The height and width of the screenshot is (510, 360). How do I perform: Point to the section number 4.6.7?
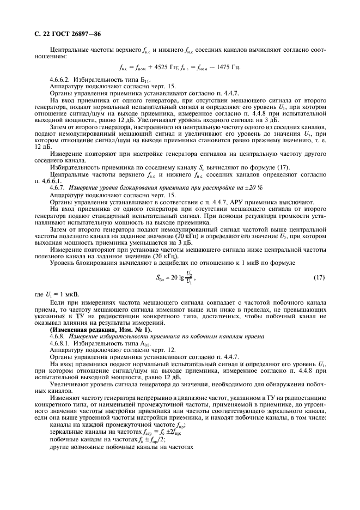point(57,187)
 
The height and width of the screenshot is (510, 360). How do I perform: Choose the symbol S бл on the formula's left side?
point(160,278)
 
